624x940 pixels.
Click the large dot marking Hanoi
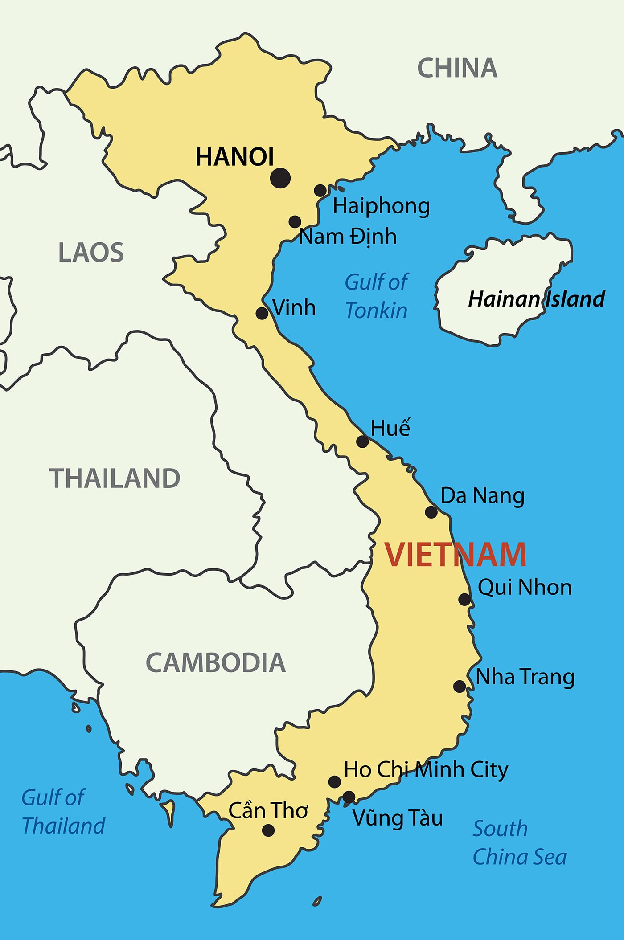[x=280, y=178]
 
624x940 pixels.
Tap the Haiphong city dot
[x=320, y=191]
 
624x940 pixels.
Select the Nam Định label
[x=347, y=237]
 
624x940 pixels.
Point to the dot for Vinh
[x=262, y=313]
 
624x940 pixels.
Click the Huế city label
[x=390, y=428]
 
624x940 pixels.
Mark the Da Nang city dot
[x=431, y=512]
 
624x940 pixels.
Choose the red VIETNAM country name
[x=455, y=555]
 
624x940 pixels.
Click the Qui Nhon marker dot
[x=464, y=599]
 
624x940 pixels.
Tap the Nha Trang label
[x=525, y=677]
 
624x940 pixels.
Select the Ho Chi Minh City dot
[x=335, y=781]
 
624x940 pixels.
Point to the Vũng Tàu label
[x=398, y=818]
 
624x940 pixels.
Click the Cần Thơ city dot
[x=268, y=830]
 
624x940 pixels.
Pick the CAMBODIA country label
[x=216, y=663]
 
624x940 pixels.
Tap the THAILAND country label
[x=115, y=478]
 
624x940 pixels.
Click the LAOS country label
[x=91, y=253]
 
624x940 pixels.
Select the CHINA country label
[x=457, y=68]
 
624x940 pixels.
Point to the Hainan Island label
[x=536, y=299]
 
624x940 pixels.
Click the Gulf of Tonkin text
[x=377, y=296]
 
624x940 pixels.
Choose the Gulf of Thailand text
[x=62, y=812]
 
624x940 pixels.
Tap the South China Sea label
[x=519, y=843]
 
